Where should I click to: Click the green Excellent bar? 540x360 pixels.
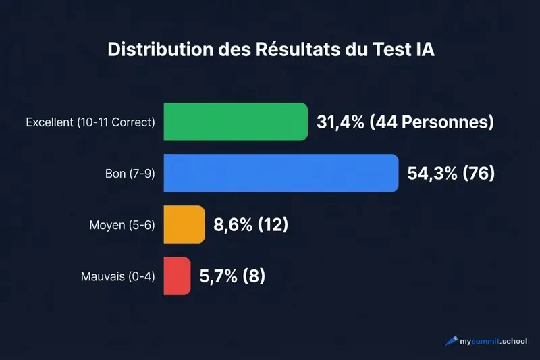click(x=236, y=122)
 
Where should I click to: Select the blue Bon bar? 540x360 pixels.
click(x=281, y=174)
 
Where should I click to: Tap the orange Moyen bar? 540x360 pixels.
click(x=184, y=225)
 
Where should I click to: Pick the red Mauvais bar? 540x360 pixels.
click(x=178, y=276)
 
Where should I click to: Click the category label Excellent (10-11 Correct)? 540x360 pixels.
click(x=90, y=123)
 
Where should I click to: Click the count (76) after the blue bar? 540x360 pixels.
click(x=479, y=174)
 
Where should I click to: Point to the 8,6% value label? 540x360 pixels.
click(x=234, y=225)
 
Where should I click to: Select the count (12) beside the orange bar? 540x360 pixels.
click(x=273, y=225)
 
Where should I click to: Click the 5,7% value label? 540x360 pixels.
click(x=219, y=276)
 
